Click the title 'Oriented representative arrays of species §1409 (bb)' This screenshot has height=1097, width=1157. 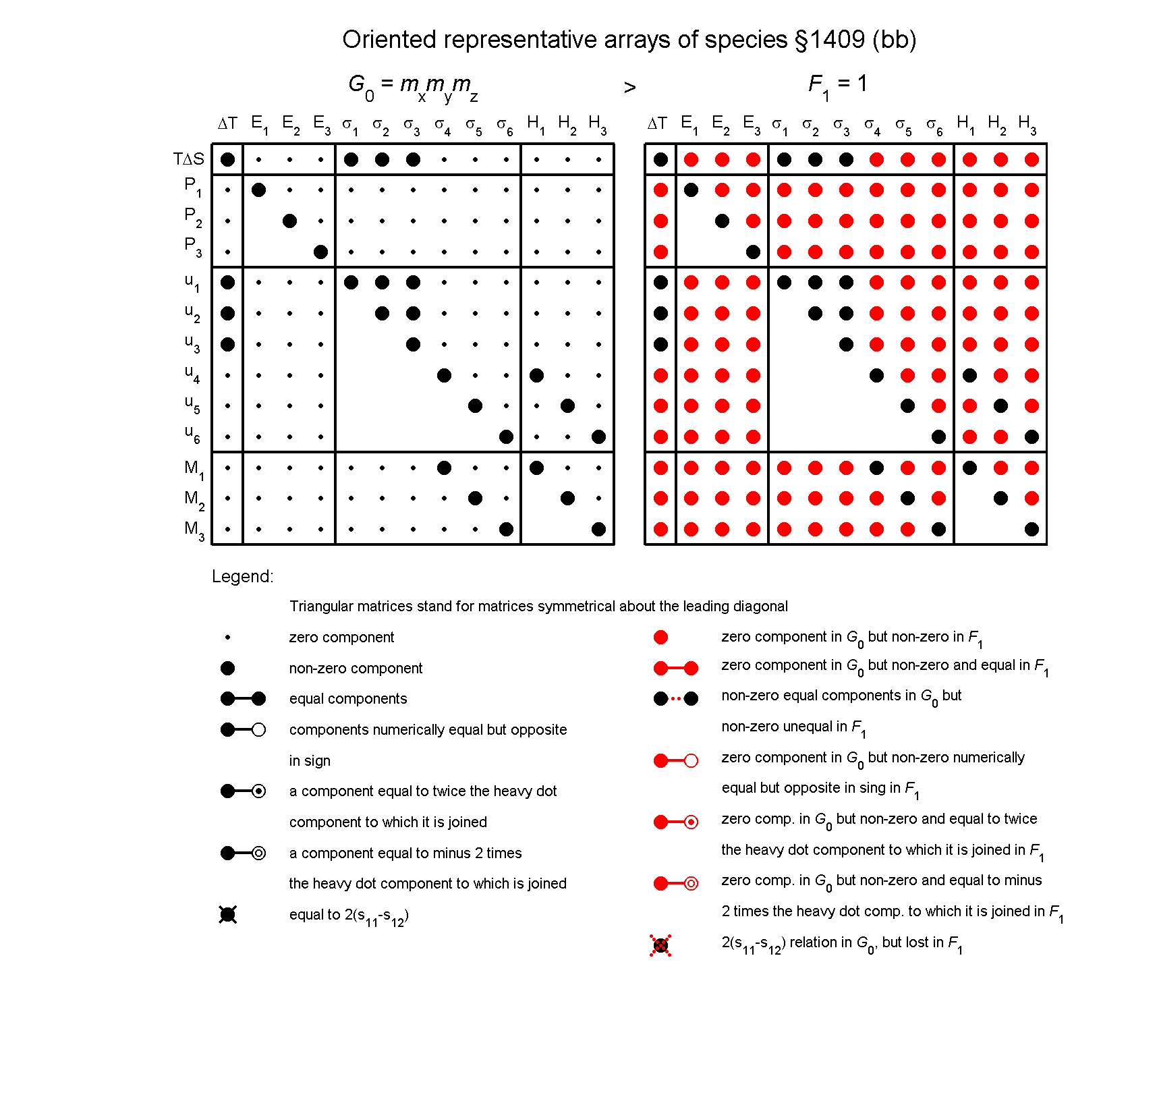629,40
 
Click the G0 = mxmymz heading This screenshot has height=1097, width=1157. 413,86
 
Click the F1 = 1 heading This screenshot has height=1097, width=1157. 837,85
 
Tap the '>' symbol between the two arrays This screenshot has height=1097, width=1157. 629,88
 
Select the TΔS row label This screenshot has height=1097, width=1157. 188,159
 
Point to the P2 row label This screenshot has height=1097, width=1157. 193,217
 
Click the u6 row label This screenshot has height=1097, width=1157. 192,434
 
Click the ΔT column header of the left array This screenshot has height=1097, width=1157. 227,123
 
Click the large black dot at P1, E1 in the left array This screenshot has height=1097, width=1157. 258,190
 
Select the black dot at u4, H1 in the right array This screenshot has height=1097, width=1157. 969,375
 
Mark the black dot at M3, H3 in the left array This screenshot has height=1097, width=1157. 598,529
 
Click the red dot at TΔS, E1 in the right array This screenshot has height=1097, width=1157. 691,159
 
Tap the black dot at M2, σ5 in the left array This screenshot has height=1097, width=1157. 475,498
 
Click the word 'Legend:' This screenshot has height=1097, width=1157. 242,576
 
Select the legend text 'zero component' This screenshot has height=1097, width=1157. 341,638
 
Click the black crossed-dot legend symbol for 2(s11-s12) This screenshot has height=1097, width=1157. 228,915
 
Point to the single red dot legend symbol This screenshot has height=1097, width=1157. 660,638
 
